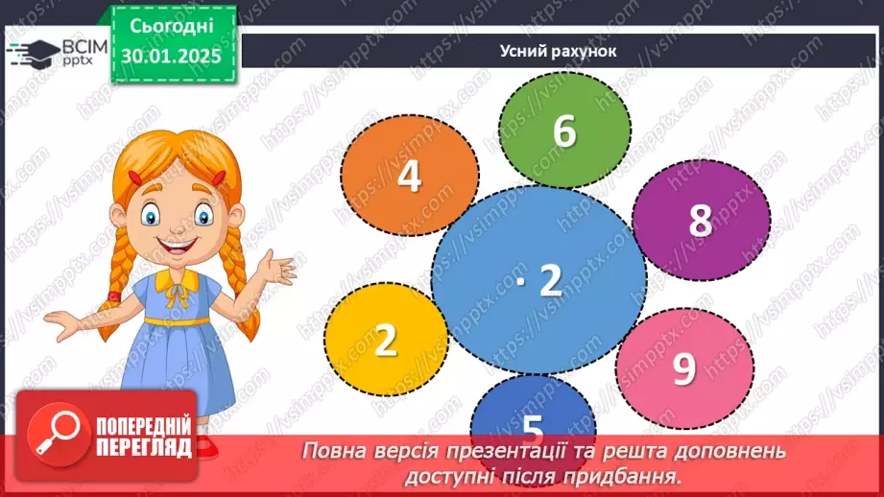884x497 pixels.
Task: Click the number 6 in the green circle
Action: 564,131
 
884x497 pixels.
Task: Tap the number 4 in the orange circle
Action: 409,177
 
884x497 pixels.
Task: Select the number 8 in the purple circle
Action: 701,221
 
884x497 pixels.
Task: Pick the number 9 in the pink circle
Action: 683,369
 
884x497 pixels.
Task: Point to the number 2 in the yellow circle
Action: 385,341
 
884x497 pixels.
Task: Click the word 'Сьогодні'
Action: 172,25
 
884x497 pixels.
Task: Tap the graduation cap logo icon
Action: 31,52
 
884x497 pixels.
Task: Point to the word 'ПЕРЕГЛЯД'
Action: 145,446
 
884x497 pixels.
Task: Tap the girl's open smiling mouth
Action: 176,247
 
